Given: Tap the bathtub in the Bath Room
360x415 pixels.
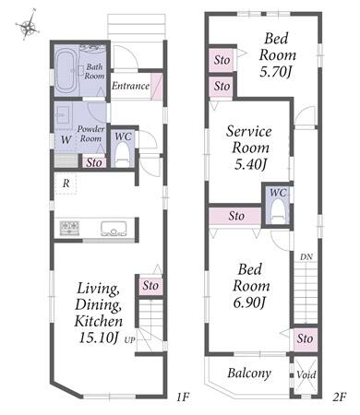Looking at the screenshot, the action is click(x=66, y=72).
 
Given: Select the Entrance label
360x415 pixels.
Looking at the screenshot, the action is click(x=130, y=86).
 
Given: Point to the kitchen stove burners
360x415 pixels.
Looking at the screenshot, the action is click(x=69, y=229).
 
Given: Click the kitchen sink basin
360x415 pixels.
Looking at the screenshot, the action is click(x=114, y=229).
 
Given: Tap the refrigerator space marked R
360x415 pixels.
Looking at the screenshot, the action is click(x=66, y=184).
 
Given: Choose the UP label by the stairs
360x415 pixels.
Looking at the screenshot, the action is click(x=130, y=340).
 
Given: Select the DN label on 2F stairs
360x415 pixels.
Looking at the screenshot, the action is click(x=306, y=257).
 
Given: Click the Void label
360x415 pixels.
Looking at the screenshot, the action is click(x=306, y=374).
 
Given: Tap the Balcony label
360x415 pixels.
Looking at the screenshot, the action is click(x=249, y=373).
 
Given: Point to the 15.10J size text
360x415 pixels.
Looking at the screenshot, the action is click(x=99, y=338).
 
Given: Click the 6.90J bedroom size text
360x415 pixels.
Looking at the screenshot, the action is click(x=249, y=303).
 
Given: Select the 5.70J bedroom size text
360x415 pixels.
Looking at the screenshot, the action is click(x=276, y=72).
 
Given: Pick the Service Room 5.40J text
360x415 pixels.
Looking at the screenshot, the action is click(x=249, y=148).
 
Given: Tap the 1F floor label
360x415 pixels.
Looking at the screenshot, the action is click(x=183, y=397).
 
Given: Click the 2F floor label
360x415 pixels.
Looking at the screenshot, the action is click(x=340, y=397).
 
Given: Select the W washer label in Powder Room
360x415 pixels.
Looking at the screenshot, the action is click(x=66, y=140).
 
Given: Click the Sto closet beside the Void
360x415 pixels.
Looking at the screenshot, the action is click(x=306, y=339).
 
